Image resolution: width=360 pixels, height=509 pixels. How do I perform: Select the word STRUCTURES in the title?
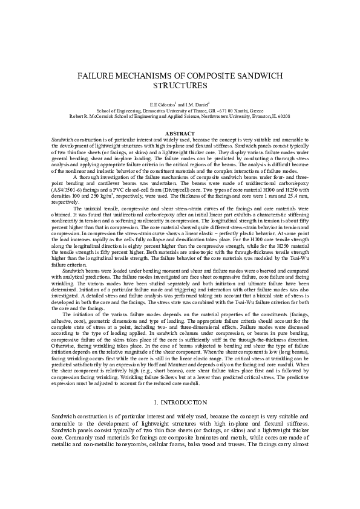[180, 86]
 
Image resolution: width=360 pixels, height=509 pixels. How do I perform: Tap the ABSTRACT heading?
[180, 133]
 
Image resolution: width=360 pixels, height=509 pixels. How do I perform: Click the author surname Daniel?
[199, 105]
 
